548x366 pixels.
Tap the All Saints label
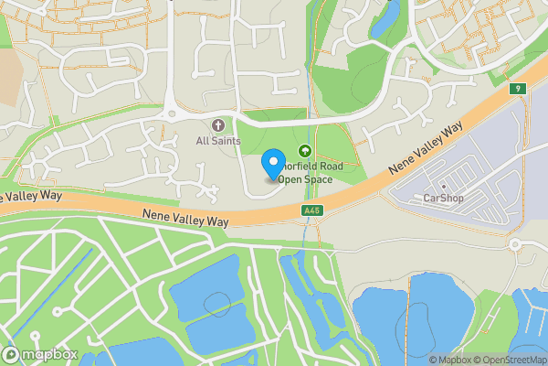coord(217,141)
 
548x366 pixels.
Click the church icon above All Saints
coord(217,124)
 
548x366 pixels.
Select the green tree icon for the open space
coord(305,152)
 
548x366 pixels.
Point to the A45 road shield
coord(312,211)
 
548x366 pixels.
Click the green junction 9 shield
coord(517,89)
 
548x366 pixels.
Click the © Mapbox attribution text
coord(449,360)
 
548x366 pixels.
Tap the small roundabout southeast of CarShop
coord(515,244)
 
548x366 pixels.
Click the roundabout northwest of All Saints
coord(170,114)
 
